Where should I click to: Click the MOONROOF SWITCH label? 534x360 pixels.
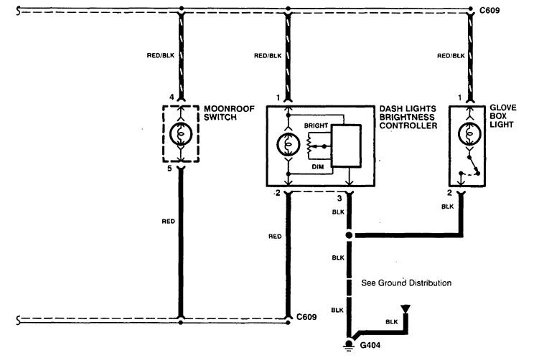point(229,113)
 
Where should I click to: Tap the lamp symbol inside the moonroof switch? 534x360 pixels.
point(181,133)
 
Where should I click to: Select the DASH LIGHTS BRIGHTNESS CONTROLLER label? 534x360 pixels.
point(408,117)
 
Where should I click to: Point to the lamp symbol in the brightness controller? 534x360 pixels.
point(288,145)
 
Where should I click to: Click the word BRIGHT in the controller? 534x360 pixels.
point(316,125)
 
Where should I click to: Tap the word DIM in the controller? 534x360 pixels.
point(317,166)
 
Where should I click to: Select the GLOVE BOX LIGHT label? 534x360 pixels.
point(502,116)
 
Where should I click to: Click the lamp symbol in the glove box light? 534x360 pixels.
point(469,133)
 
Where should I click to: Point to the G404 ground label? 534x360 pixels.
point(370,345)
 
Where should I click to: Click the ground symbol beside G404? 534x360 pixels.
point(348,345)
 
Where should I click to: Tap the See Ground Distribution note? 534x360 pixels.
point(406,283)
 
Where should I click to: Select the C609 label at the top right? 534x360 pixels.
point(489,11)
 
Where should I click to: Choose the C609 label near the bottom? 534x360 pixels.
point(306,317)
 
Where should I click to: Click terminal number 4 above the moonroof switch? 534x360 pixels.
point(172,98)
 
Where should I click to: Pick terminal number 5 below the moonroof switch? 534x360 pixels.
point(169,169)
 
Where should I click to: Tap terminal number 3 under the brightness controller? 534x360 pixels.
point(339,198)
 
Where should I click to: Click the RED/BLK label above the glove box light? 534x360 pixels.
point(451,55)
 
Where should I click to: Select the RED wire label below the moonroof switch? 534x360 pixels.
point(168,221)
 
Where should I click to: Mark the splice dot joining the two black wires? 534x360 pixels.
point(349,235)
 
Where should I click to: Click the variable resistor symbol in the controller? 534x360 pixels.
point(309,146)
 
